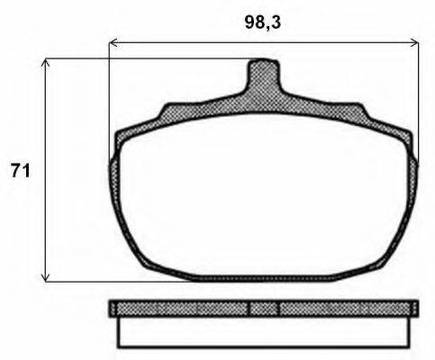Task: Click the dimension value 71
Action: [x=19, y=170]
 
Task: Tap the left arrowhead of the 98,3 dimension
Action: [x=113, y=41]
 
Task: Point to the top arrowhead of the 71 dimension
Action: [x=46, y=63]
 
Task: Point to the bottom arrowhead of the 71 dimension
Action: [x=46, y=278]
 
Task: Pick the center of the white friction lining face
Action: [x=263, y=193]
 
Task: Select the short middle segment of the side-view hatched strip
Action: [x=263, y=309]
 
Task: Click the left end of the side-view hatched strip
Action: [x=114, y=309]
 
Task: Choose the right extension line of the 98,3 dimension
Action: [x=419, y=90]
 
